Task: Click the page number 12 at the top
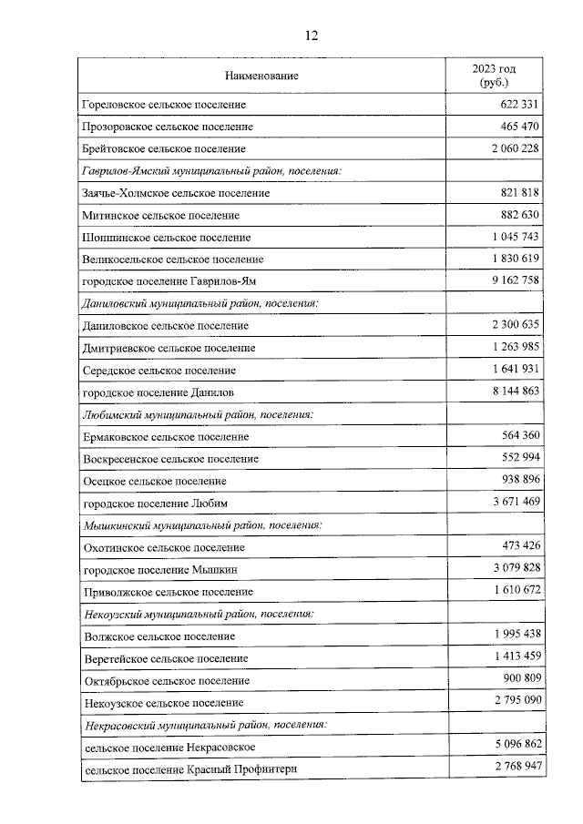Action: pyautogui.click(x=311, y=36)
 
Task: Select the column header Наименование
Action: pyautogui.click(x=261, y=76)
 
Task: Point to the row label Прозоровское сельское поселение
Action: pyautogui.click(x=167, y=127)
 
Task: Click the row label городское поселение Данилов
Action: pyautogui.click(x=158, y=392)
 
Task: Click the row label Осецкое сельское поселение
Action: pyautogui.click(x=154, y=481)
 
